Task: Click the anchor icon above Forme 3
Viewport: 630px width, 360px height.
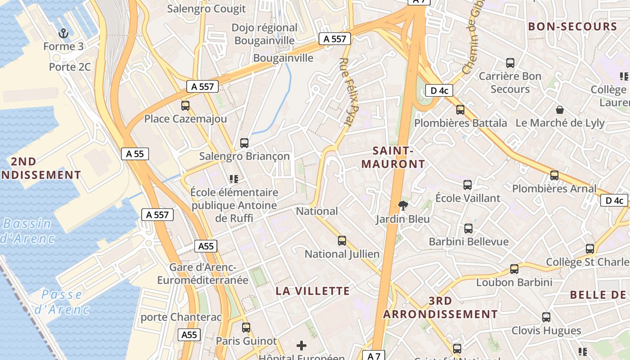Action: click(x=63, y=33)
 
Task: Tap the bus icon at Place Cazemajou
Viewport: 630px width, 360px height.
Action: click(x=185, y=106)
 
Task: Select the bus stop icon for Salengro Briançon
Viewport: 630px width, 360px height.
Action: click(x=244, y=143)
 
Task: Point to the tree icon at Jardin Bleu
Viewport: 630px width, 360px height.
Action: click(x=403, y=206)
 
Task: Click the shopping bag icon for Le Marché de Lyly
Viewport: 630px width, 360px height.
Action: click(x=559, y=109)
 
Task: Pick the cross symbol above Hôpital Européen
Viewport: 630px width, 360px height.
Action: click(x=301, y=346)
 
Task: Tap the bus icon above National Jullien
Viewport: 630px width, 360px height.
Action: click(x=342, y=241)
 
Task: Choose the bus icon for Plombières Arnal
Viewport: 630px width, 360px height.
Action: click(x=554, y=175)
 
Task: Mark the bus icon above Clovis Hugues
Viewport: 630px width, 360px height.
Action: click(x=546, y=317)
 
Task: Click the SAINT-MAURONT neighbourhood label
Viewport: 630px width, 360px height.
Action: click(x=393, y=157)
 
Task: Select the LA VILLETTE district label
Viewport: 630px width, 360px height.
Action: click(x=313, y=291)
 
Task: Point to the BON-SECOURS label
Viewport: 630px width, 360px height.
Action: click(x=572, y=27)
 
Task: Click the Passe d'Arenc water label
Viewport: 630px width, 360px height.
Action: click(x=62, y=302)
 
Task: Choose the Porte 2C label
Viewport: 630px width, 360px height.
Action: click(x=70, y=67)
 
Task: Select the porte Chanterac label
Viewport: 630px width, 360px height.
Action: click(x=181, y=317)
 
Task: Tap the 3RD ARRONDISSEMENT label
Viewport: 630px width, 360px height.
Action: click(x=441, y=307)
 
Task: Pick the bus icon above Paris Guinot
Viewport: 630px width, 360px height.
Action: click(x=246, y=328)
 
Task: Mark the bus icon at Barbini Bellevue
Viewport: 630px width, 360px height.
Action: click(x=468, y=229)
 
